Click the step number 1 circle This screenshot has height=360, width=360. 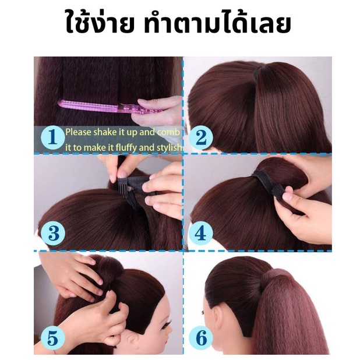click(53, 137)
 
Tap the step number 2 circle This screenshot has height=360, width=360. click(202, 137)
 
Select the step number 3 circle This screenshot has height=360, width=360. click(53, 234)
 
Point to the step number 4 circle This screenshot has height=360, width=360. click(200, 234)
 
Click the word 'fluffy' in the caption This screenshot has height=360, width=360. click(126, 147)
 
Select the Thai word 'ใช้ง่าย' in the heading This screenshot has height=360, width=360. click(100, 23)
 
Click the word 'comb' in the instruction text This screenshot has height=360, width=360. click(168, 132)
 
